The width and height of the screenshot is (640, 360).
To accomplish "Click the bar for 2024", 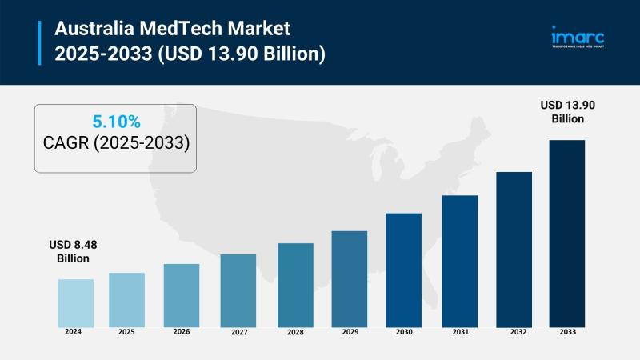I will click(x=75, y=302).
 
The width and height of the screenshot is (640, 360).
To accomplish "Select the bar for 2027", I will click(x=238, y=290).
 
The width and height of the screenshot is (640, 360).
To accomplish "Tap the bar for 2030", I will click(x=403, y=270).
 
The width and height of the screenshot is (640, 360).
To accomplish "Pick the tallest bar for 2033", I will click(x=566, y=233).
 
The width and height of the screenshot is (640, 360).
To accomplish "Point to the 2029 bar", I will click(x=349, y=278).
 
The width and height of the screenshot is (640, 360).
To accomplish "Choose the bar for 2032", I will click(x=514, y=249).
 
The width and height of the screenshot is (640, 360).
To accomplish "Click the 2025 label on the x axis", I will click(x=126, y=330).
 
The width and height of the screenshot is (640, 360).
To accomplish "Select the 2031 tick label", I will click(x=459, y=330).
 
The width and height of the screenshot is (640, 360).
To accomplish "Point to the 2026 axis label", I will click(x=182, y=330).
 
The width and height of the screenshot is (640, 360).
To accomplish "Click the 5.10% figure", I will click(x=116, y=122).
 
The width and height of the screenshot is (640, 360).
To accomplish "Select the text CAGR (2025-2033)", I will click(x=116, y=144).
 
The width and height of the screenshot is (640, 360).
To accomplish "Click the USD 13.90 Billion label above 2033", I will click(x=567, y=111).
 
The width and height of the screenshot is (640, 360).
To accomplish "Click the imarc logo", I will click(x=577, y=38).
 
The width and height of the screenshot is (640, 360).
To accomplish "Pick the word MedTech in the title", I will click(x=182, y=30).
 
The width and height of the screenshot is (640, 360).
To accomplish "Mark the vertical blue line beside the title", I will click(x=40, y=42).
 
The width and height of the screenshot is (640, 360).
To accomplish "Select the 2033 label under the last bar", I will click(x=566, y=330).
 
